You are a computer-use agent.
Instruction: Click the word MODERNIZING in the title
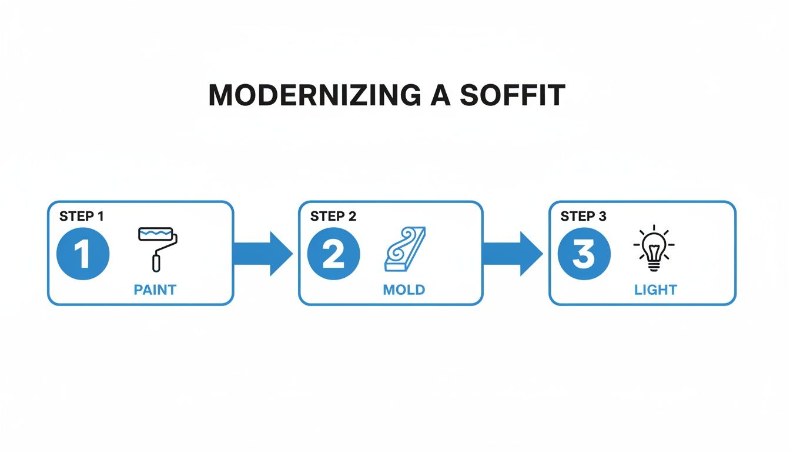click(314, 95)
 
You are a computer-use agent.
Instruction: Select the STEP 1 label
click(81, 217)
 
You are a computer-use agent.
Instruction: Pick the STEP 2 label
click(333, 217)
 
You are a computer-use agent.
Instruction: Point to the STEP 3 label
click(583, 217)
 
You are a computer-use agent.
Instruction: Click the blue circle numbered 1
click(83, 254)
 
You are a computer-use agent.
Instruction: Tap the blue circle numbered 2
click(333, 254)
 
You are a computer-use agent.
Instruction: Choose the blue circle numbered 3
click(584, 254)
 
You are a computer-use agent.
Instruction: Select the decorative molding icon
click(405, 249)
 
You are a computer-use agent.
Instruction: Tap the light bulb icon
click(654, 248)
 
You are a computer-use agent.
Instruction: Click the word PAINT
click(155, 290)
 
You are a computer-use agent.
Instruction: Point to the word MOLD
click(404, 290)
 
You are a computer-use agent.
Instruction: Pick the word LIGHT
click(655, 290)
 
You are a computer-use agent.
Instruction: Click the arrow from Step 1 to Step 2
click(263, 254)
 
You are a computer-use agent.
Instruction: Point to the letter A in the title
click(440, 95)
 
